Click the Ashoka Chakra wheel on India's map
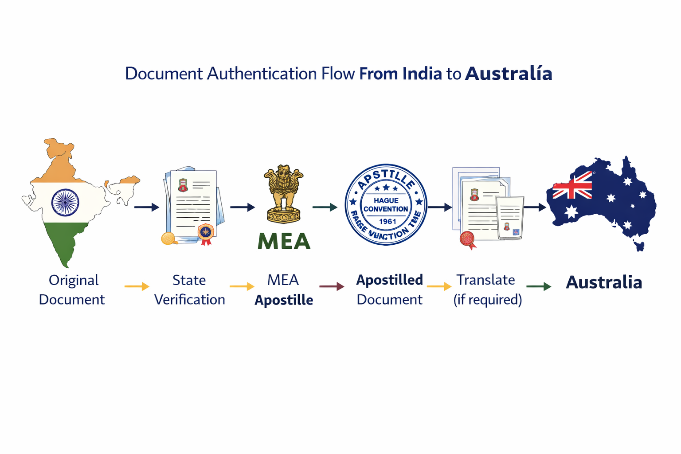click(65, 203)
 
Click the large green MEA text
click(284, 241)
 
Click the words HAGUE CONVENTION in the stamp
click(386, 205)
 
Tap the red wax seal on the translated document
click(467, 239)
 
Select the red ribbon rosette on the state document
click(206, 234)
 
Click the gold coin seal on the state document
click(168, 239)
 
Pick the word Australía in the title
click(509, 74)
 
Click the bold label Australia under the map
click(604, 282)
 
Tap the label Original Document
click(72, 290)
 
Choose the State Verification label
click(189, 290)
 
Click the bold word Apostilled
click(389, 280)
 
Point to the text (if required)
click(487, 300)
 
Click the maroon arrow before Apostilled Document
click(332, 286)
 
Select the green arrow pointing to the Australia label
click(539, 286)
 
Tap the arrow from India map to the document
click(147, 207)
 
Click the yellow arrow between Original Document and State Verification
click(137, 286)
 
